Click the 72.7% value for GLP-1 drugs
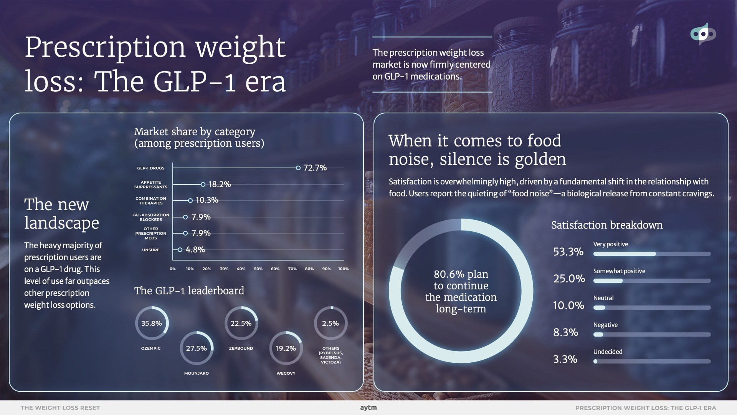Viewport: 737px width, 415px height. pyautogui.click(x=315, y=168)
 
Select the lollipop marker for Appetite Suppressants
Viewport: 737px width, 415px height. pyautogui.click(x=203, y=184)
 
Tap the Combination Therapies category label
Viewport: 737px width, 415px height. pyautogui.click(x=151, y=201)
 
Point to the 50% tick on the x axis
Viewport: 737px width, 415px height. pyautogui.click(x=258, y=269)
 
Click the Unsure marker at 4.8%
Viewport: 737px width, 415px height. pyautogui.click(x=180, y=250)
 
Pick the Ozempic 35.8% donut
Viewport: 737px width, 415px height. pyautogui.click(x=152, y=323)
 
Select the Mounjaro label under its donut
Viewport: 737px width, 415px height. pyautogui.click(x=196, y=373)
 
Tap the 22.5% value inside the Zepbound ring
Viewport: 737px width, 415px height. pyautogui.click(x=241, y=323)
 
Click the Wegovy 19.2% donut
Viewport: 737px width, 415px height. pyautogui.click(x=286, y=348)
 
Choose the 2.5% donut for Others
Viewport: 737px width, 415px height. pyautogui.click(x=330, y=323)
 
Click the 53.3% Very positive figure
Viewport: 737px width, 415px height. pyautogui.click(x=568, y=252)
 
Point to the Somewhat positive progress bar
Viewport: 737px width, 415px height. pyautogui.click(x=652, y=281)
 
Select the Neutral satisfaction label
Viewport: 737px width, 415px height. pyautogui.click(x=603, y=298)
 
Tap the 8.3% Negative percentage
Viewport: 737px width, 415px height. pyautogui.click(x=565, y=332)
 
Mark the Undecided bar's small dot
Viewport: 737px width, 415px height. pyautogui.click(x=595, y=361)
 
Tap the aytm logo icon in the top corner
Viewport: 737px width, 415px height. pyautogui.click(x=703, y=34)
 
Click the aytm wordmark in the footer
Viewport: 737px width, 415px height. pyautogui.click(x=368, y=408)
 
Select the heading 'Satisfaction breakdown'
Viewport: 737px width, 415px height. pyautogui.click(x=607, y=225)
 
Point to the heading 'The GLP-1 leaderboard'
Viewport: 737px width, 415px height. pyautogui.click(x=189, y=290)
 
